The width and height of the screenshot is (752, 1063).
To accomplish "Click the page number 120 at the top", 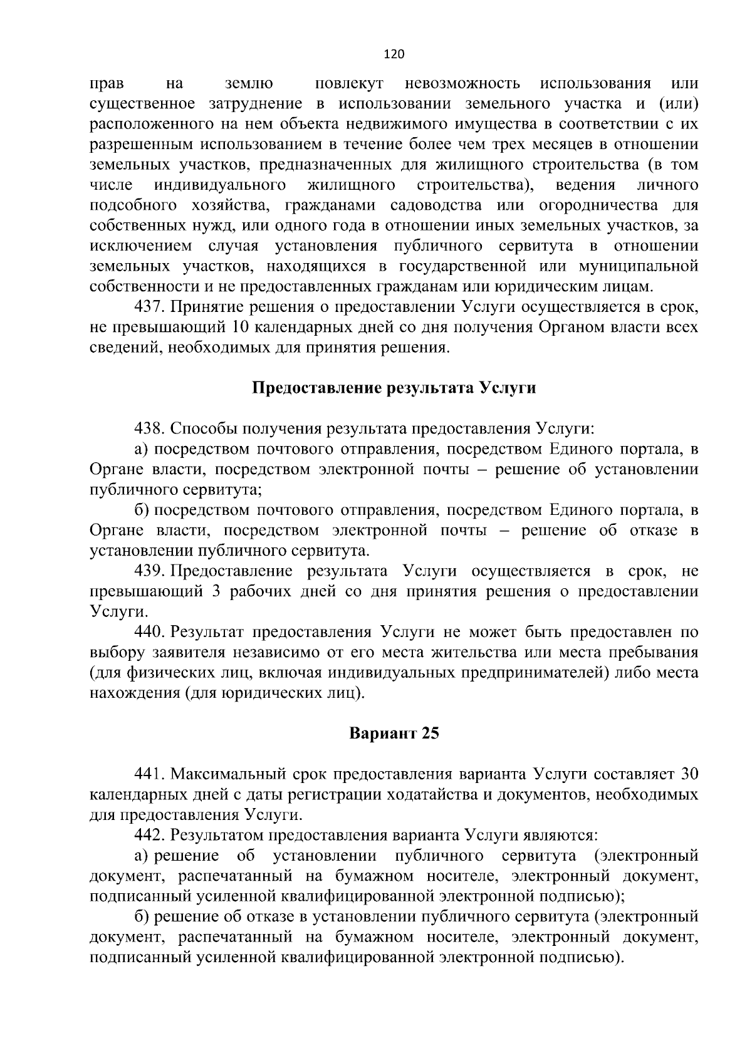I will click(x=394, y=54).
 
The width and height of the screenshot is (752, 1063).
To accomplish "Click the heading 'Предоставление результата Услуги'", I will click(x=394, y=388).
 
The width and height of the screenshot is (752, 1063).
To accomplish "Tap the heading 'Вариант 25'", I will click(x=394, y=733).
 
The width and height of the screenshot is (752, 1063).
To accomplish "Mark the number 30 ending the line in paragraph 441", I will click(x=689, y=774).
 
